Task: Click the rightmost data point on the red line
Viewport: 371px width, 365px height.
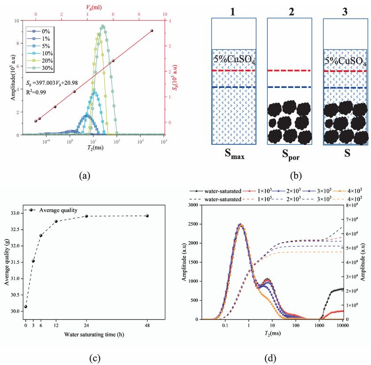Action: [152, 30]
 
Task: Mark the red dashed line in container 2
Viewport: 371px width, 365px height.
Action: [289, 71]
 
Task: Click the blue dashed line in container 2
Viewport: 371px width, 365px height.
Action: [289, 87]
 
